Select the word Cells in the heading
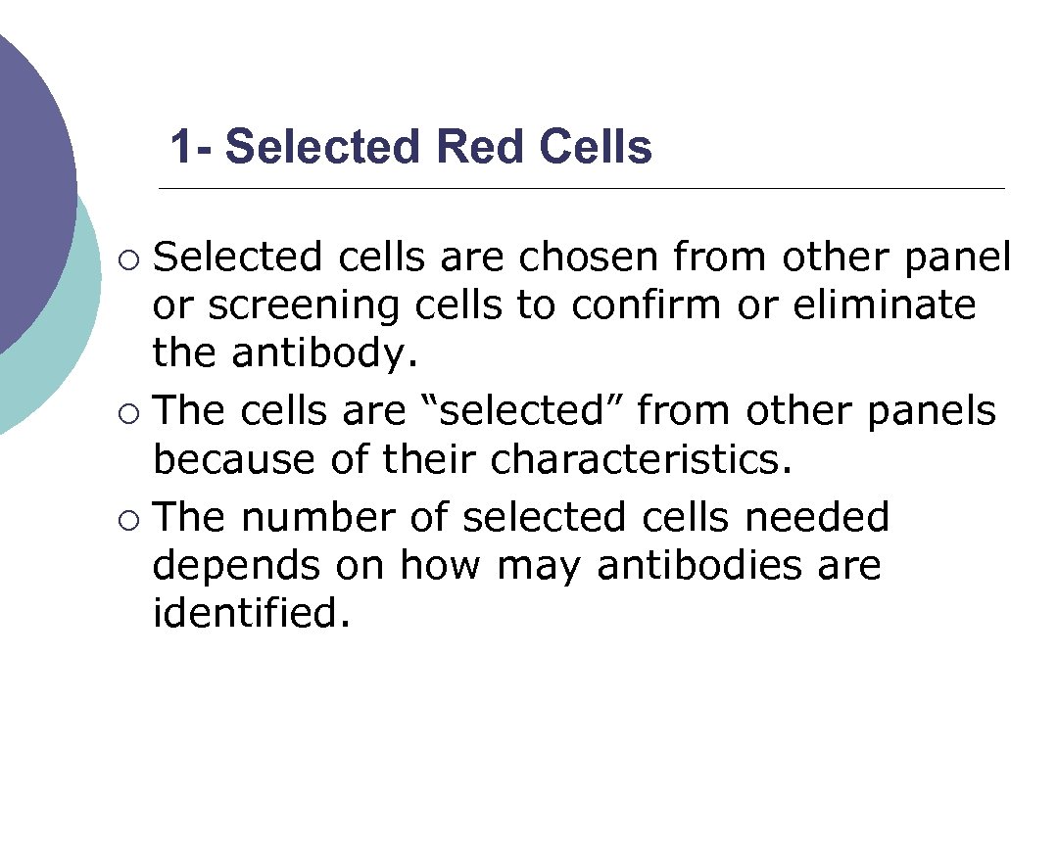[x=595, y=148]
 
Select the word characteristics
[x=640, y=459]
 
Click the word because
[x=234, y=459]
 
